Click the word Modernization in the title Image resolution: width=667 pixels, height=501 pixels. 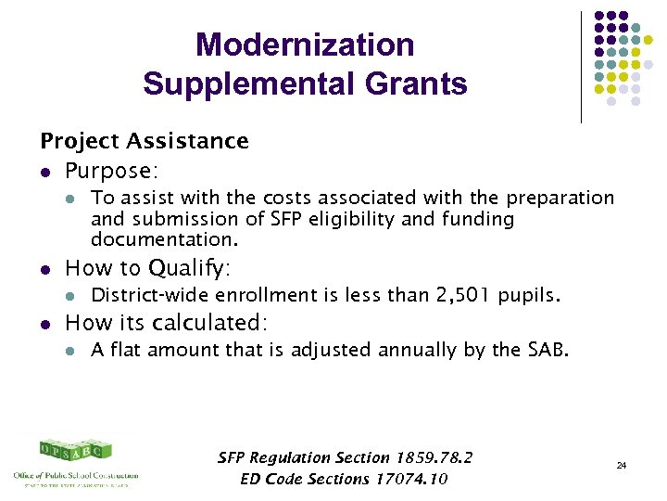tap(305, 45)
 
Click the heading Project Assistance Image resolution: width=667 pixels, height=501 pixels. tap(145, 141)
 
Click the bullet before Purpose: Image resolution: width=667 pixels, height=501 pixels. tap(45, 172)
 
